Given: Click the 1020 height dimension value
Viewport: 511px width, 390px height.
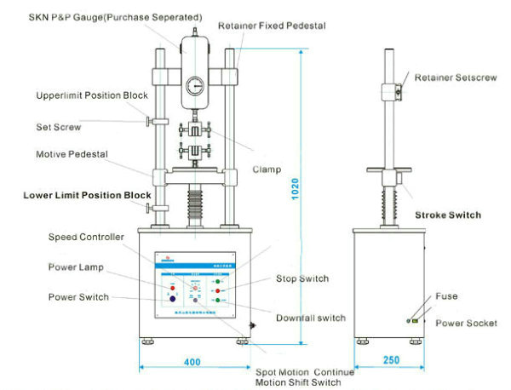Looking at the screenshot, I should [292, 196].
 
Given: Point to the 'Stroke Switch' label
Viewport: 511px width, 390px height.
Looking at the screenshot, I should [447, 215].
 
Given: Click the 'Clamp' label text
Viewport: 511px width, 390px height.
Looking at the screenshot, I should [267, 169].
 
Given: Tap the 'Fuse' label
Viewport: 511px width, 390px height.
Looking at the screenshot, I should [446, 296].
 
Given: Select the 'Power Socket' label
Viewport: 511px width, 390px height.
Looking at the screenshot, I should [460, 323].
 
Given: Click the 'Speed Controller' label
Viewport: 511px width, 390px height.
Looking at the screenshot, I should [86, 237].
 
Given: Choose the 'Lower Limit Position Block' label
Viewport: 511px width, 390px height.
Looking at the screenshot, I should [94, 195].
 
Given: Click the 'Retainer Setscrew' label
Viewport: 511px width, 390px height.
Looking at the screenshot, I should [456, 78].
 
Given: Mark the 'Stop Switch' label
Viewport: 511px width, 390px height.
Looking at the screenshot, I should [302, 278].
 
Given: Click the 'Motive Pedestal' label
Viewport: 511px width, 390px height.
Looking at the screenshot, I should [69, 155].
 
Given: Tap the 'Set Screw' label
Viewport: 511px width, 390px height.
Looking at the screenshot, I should [59, 127].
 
